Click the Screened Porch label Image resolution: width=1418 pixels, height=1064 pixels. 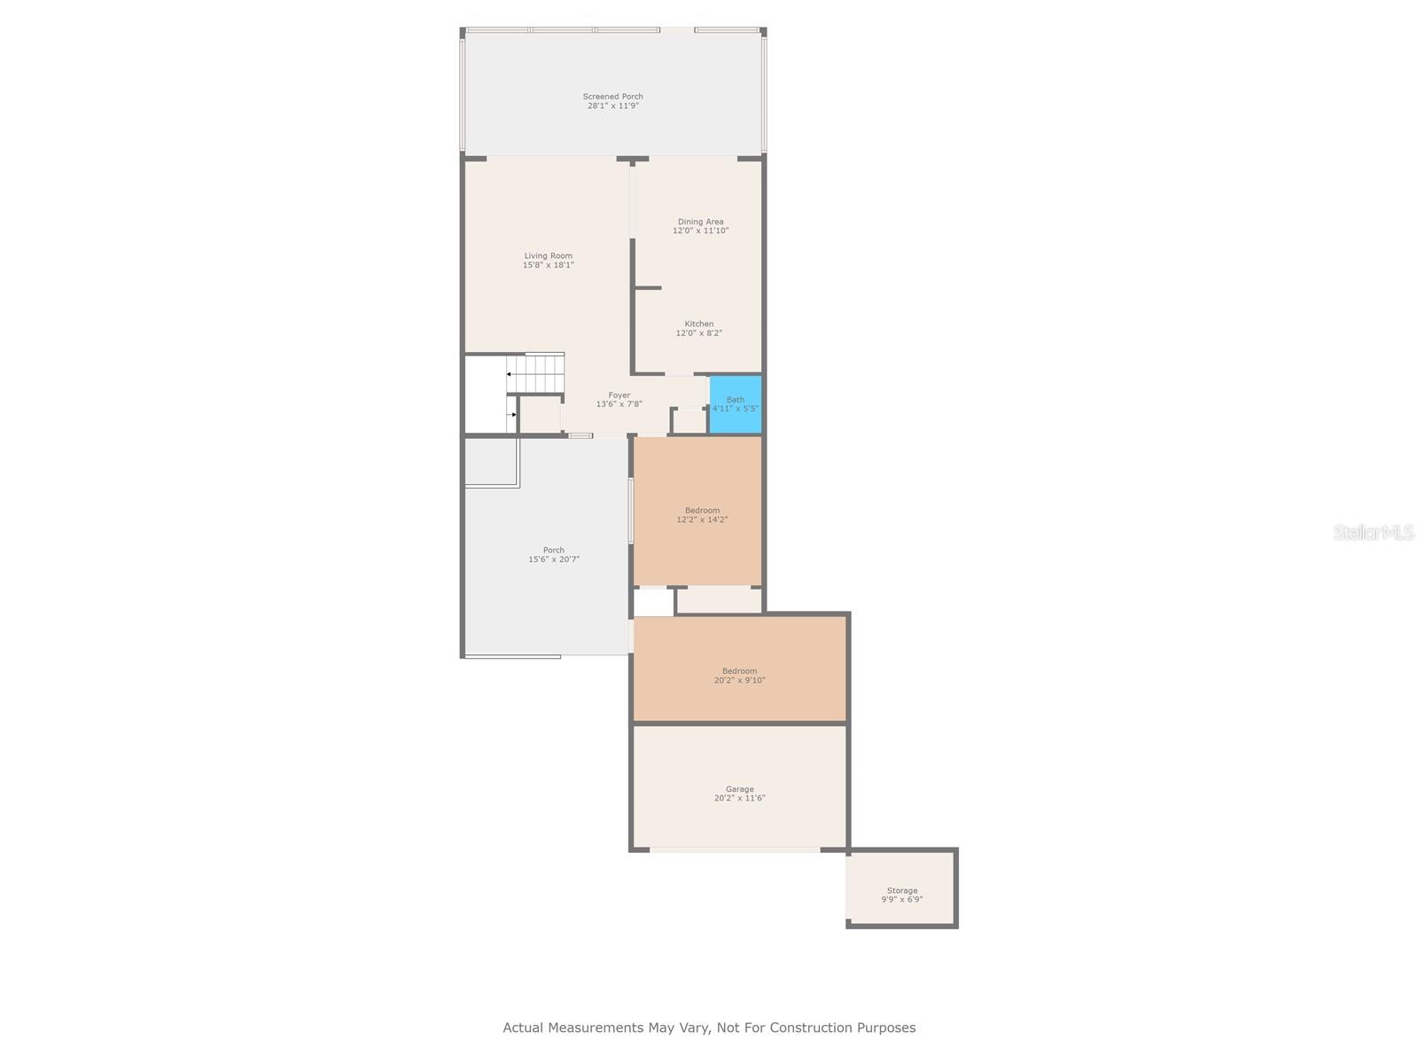click(x=612, y=97)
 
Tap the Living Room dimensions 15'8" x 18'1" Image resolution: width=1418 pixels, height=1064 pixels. click(x=548, y=265)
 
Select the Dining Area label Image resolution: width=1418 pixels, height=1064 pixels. click(x=700, y=222)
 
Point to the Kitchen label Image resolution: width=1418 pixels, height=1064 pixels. click(x=698, y=325)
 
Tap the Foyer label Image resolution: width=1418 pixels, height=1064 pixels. click(x=619, y=395)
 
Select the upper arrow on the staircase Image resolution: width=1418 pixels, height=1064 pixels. click(x=509, y=374)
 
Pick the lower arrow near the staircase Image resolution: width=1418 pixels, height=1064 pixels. click(x=512, y=414)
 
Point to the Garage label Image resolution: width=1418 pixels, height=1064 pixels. click(x=739, y=789)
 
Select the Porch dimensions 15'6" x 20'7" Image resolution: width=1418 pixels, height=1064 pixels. click(x=554, y=559)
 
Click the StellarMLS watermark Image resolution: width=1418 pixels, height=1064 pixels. click(x=1374, y=532)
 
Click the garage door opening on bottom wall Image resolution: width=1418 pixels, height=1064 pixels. click(x=735, y=849)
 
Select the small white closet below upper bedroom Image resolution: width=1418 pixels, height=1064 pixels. click(x=653, y=603)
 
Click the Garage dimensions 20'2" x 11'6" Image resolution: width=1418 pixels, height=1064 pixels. click(x=739, y=798)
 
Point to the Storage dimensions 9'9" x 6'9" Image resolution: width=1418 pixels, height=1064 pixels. click(x=901, y=899)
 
